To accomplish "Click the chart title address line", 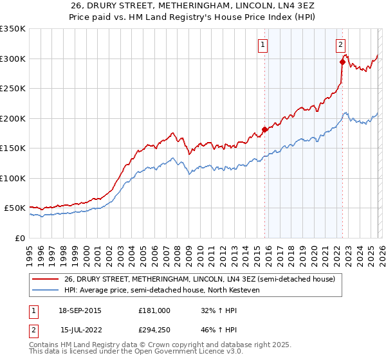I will [x=193, y=6].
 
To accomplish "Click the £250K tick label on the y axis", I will [x=13, y=89].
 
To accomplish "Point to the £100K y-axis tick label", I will [x=13, y=178].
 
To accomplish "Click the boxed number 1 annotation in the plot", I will [x=264, y=45].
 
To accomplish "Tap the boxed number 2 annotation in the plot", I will [x=340, y=45].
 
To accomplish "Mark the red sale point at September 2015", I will [x=264, y=130].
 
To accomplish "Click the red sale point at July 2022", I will [x=342, y=62].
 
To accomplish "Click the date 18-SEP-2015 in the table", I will [x=80, y=310].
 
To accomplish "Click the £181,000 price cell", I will [x=154, y=310].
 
